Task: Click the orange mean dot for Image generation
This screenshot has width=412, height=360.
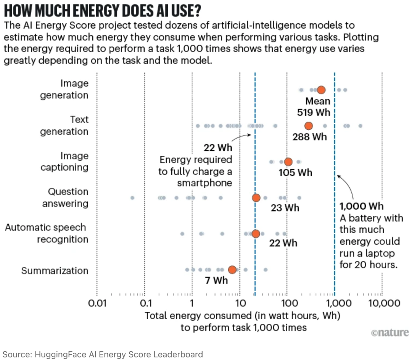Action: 321,90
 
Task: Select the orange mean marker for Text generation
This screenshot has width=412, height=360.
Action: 308,126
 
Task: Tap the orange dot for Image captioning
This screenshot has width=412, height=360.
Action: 288,162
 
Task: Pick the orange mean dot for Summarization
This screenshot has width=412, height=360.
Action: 232,270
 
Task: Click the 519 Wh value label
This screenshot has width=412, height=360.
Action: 314,113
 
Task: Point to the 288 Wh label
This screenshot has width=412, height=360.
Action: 310,136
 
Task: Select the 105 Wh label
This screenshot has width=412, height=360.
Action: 295,173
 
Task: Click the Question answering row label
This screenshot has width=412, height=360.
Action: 65,197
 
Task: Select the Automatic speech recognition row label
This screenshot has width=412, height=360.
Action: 47,233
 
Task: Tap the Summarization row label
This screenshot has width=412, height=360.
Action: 55,271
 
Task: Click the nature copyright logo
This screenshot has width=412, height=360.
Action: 389,333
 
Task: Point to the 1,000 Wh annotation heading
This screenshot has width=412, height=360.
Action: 362,207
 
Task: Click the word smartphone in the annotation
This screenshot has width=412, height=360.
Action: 204,183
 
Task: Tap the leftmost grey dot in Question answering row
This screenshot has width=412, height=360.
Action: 132,198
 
